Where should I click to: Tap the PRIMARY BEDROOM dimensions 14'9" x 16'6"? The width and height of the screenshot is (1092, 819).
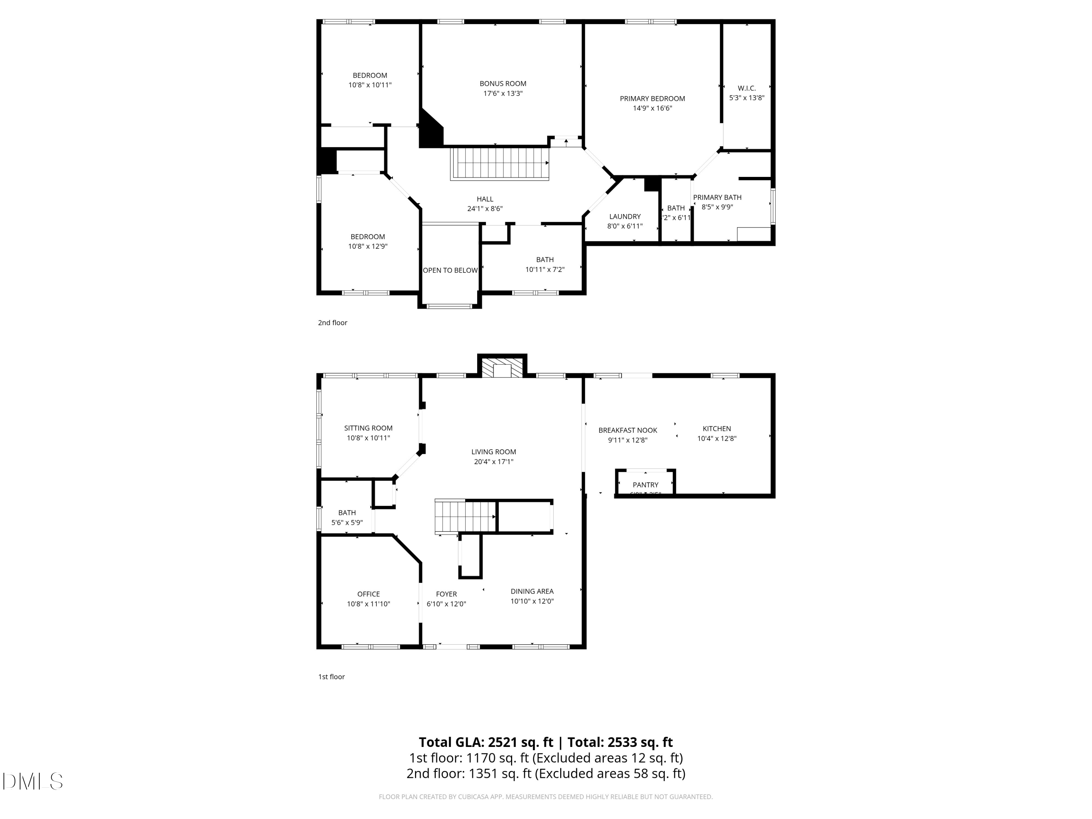click(652, 108)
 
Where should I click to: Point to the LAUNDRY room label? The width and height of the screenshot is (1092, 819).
click(625, 217)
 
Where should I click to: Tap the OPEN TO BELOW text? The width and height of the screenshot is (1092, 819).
click(450, 270)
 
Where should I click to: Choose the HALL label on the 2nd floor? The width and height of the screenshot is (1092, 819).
click(485, 199)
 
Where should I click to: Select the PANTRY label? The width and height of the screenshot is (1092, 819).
click(645, 485)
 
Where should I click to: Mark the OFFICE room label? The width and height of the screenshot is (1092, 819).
click(368, 594)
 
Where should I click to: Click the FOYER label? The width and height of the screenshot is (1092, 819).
click(446, 594)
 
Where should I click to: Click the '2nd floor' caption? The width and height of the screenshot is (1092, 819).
click(332, 323)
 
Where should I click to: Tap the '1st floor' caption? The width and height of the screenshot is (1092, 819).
click(331, 677)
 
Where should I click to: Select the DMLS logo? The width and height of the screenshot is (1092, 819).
click(33, 782)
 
